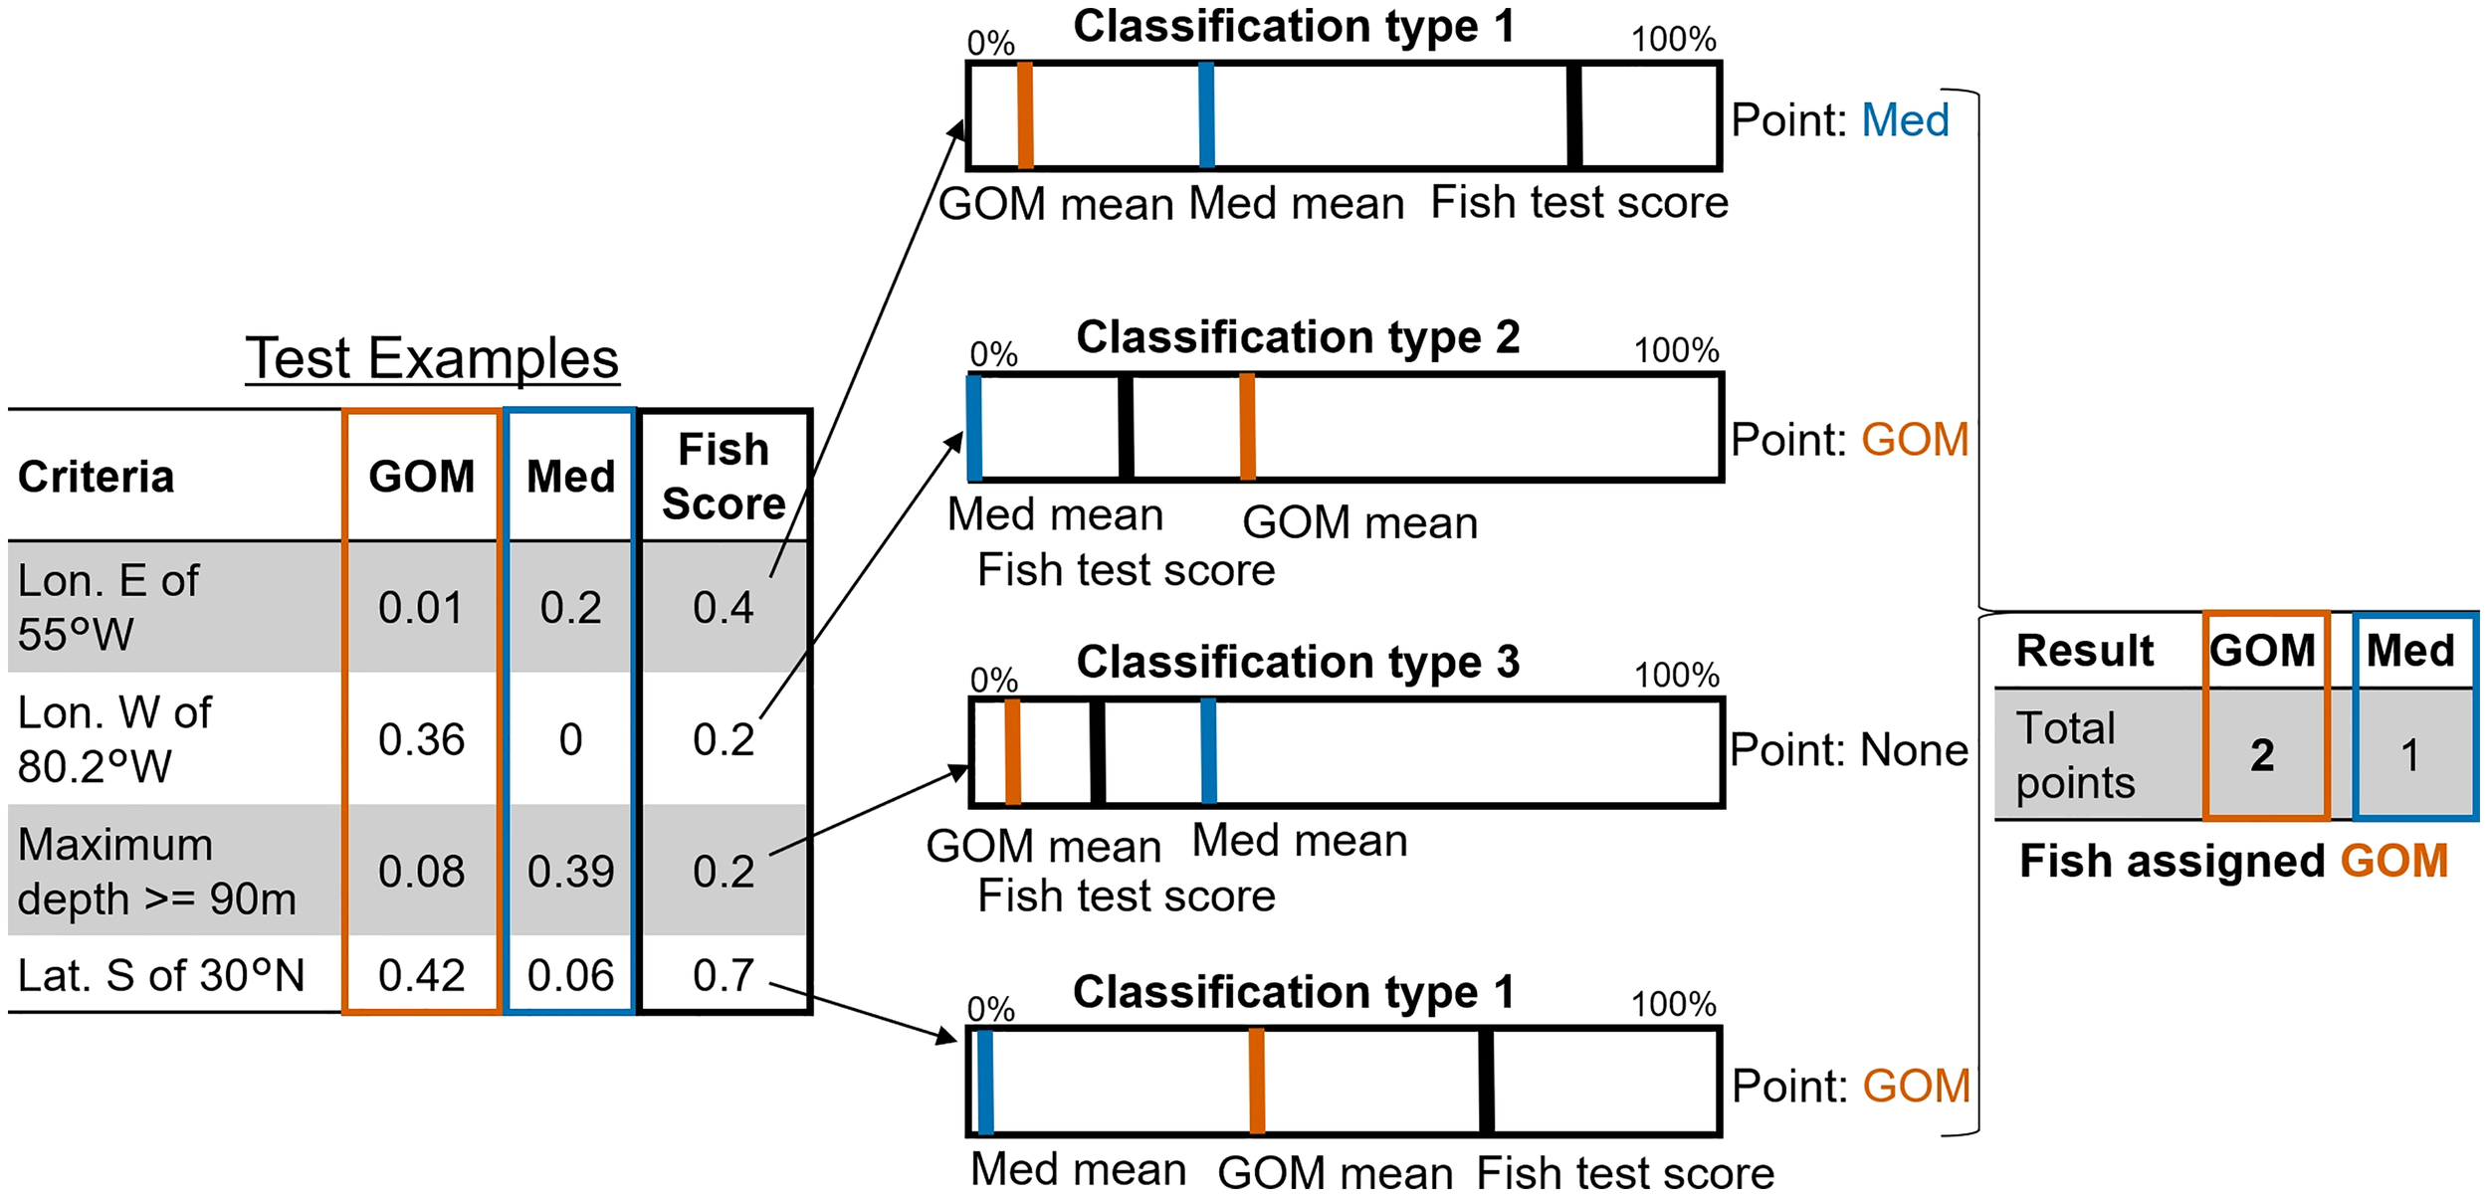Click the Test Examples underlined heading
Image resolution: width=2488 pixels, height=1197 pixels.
coord(432,358)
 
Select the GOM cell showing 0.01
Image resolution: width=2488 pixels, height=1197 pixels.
coord(421,607)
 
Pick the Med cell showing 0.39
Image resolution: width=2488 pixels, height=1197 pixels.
coord(570,872)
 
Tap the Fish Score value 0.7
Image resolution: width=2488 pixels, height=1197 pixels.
coord(724,975)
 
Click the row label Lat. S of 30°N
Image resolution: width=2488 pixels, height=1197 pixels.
coord(161,975)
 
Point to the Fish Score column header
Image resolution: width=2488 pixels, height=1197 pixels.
coord(724,477)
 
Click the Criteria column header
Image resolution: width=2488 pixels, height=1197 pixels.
coord(96,477)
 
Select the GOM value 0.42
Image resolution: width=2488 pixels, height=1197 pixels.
coord(421,975)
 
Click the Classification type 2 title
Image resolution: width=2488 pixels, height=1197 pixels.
coord(1298,337)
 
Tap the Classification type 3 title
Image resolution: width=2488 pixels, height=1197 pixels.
coord(1298,662)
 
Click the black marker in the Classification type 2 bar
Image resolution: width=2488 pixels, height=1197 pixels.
coord(1126,428)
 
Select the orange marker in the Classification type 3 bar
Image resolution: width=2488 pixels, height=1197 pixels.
coord(1012,752)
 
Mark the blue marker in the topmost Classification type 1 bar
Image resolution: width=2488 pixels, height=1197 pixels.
coord(1206,115)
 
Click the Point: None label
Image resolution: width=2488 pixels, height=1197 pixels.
coord(1848,750)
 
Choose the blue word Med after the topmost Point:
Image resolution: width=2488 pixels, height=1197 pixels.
coord(1905,120)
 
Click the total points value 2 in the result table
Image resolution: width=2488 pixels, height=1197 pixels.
coord(2262,755)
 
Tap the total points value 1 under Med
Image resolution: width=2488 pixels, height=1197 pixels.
coord(2409,755)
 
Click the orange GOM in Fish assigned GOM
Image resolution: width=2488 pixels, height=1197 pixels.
coord(2393,862)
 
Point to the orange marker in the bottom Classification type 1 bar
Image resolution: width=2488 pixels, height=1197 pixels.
coord(1257,1082)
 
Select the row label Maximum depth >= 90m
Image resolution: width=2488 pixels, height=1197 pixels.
coord(157,872)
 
